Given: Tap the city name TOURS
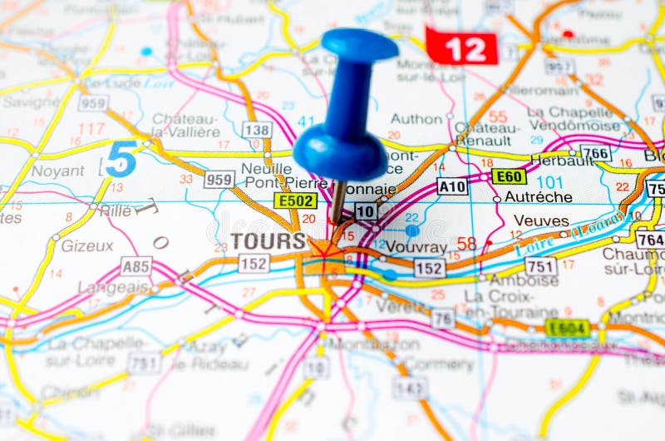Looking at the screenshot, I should (268, 241).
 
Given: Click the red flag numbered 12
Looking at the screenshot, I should (462, 48).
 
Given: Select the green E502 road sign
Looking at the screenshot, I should (295, 201).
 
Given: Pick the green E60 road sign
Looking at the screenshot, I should (508, 176).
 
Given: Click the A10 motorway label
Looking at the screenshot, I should (452, 186).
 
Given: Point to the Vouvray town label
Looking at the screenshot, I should (416, 247).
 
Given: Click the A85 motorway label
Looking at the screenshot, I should (136, 266).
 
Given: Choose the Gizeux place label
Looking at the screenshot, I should (86, 245).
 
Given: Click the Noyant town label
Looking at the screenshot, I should (57, 171).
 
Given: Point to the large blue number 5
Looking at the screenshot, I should (121, 159).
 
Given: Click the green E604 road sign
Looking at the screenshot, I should (568, 328).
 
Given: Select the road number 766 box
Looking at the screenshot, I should (595, 152).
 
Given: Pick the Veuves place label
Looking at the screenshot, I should (541, 220).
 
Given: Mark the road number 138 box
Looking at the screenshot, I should (257, 129).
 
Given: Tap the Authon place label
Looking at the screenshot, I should (416, 118).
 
